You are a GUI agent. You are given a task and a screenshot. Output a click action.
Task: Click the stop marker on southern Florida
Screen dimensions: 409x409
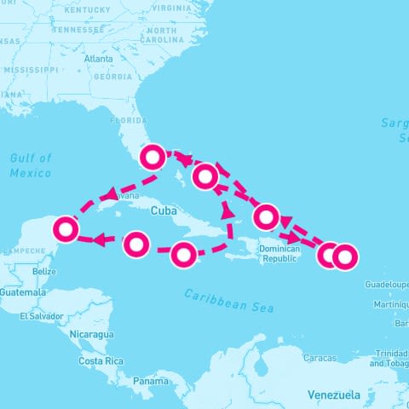153,157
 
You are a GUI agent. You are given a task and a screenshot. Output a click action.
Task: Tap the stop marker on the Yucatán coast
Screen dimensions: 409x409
66,228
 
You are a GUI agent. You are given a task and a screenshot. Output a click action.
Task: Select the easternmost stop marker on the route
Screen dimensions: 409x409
344,255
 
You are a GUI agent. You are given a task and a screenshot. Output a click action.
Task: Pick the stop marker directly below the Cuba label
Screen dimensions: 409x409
184,254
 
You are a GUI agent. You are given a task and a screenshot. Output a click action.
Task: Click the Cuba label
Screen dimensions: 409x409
163,210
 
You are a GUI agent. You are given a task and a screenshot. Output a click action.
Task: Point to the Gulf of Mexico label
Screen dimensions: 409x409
31,165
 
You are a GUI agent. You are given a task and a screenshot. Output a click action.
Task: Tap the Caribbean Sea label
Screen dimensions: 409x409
229,300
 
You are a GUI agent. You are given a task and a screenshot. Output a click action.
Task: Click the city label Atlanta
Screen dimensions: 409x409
100,59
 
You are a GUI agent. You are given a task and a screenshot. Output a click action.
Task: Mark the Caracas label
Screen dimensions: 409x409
320,357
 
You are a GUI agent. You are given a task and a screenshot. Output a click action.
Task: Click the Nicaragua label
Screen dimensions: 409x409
92,334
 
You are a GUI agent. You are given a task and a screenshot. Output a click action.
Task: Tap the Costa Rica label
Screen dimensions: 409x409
101,361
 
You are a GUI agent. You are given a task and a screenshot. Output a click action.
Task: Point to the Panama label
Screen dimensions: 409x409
150,381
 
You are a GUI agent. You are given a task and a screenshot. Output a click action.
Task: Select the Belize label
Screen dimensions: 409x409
43,271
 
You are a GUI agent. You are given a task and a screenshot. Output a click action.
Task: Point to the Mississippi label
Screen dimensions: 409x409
30,69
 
